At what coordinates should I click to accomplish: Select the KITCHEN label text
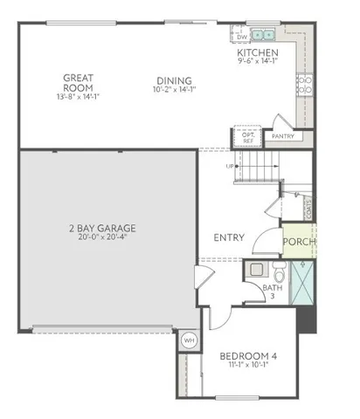(258, 53)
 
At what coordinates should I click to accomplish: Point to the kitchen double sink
(263, 36)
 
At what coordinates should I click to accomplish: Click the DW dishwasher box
(242, 38)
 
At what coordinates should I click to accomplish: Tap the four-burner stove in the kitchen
(307, 85)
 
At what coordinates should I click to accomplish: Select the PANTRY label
(283, 136)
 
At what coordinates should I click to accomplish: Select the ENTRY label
(229, 237)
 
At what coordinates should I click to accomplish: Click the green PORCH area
(299, 242)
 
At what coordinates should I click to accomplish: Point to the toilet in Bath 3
(278, 268)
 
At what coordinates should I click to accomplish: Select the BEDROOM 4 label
(247, 355)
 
